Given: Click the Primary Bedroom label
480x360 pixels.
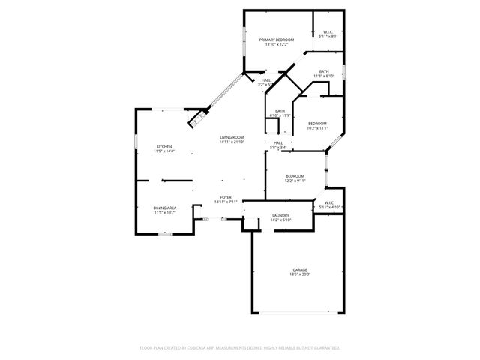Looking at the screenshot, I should [x=277, y=40].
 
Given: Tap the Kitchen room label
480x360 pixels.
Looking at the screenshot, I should [x=163, y=146].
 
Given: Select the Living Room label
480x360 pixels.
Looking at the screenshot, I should [x=232, y=137].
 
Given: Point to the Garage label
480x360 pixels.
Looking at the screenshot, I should [x=300, y=269].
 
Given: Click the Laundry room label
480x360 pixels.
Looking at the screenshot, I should [x=280, y=215].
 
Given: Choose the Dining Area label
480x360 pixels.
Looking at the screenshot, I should [x=164, y=208].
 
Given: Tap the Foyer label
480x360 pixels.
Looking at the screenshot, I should [x=226, y=197].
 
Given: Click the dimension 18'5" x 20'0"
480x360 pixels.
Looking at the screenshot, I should [x=300, y=274].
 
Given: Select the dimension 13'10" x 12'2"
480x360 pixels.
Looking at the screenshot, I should [x=277, y=45].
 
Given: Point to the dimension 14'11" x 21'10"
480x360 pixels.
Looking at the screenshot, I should [x=232, y=142].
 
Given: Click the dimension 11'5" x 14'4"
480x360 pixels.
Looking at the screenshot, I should [x=163, y=151].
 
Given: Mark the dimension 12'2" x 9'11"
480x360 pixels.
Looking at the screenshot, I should [x=295, y=181].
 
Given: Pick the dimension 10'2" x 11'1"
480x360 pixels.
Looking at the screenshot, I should [x=317, y=128].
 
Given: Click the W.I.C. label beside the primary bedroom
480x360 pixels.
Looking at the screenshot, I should [x=328, y=31].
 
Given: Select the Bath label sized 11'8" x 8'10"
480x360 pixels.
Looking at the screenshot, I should [x=323, y=71].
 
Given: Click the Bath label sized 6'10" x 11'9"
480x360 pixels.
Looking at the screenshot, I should [x=280, y=111].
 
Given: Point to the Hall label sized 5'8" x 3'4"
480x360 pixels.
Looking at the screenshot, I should [x=278, y=142].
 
